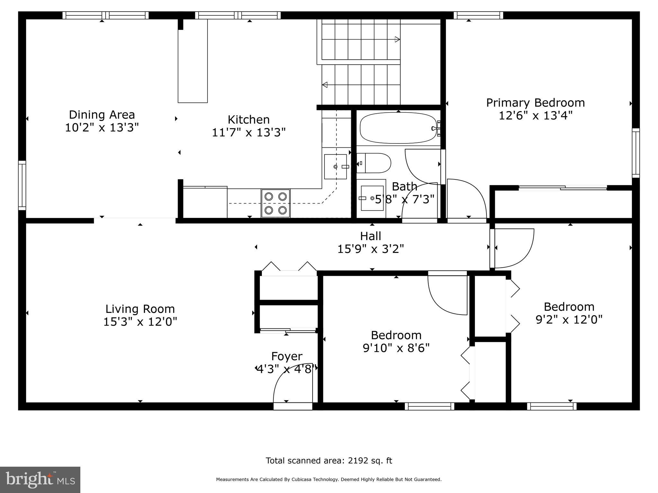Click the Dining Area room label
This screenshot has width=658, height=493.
pos(102,115)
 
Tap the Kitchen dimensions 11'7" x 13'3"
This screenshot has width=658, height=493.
pos(248,132)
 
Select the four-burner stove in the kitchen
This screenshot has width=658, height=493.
pos(276,203)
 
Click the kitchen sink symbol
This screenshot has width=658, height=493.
pos(335,167)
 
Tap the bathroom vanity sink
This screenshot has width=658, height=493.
pos(372,198)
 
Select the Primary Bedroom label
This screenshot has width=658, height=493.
pos(535,103)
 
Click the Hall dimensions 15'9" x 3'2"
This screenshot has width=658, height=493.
pos(370,249)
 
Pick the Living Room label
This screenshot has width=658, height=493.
pos(140,309)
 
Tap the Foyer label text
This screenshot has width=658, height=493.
pos(287,356)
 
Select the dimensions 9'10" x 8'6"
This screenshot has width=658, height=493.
pos(396,348)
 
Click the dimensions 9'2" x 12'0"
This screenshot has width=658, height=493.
pos(569,320)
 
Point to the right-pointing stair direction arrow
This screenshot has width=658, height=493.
pos(397,39)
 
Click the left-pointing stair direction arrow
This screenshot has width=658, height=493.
pos(325,85)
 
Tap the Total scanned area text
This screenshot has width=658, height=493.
pos(329,461)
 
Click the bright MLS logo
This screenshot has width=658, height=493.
pos(40,480)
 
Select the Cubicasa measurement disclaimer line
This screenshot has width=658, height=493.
pos(329,480)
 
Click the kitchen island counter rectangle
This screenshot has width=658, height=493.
pos(193,61)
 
